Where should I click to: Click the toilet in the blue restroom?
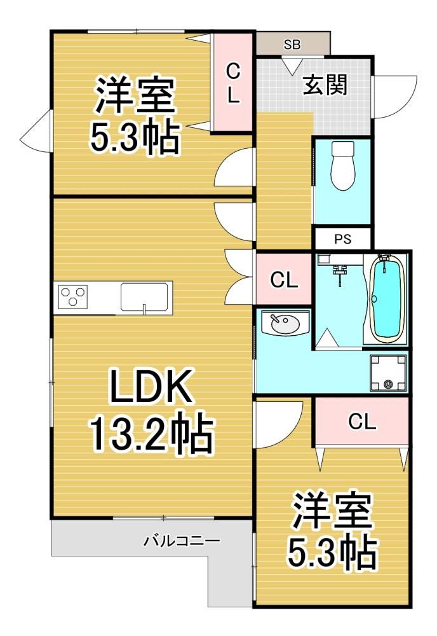coord(342,165)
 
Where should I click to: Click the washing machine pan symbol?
coord(388,373)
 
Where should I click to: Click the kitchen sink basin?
coord(144,297)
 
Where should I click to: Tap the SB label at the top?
coord(292,45)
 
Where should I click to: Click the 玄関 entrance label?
coord(325,86)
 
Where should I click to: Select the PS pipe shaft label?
coord(342,239)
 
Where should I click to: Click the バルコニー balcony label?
coord(182,540)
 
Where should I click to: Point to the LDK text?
coord(151,386)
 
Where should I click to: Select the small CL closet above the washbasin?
coord(284,280)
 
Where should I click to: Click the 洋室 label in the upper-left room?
coord(135,96)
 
